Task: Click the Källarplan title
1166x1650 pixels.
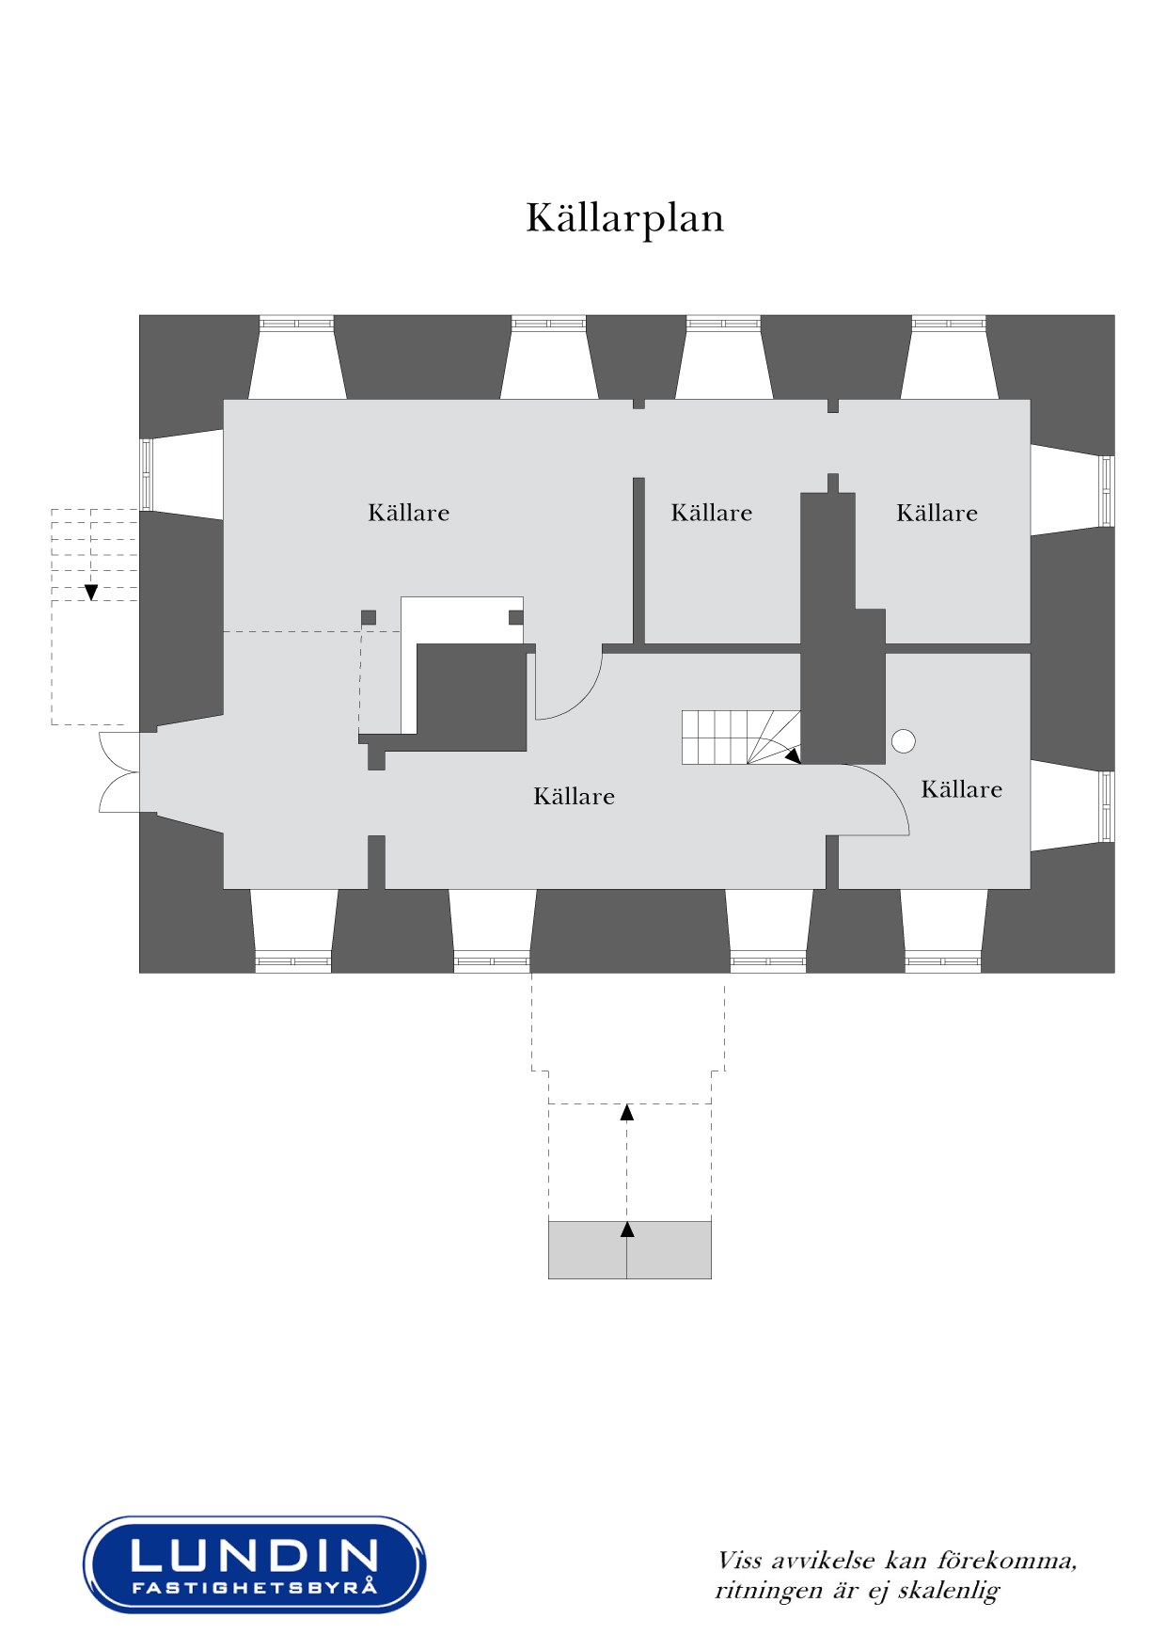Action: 624,218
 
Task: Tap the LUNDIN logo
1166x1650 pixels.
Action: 255,1564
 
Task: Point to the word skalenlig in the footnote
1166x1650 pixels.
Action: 948,1591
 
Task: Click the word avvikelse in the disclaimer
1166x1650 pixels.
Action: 823,1562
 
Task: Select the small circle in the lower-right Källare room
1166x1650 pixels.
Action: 904,741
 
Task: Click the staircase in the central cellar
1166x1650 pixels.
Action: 741,738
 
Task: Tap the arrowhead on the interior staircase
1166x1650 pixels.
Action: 793,754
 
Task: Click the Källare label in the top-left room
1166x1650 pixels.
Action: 409,513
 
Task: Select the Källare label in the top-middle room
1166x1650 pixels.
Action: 712,513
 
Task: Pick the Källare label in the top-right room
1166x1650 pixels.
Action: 938,513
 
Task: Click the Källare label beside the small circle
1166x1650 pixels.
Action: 962,789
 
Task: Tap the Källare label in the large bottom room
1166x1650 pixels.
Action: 575,797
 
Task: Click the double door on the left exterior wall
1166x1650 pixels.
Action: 119,771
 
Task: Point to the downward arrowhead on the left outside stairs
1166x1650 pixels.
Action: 91,593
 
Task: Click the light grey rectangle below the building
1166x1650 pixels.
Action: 630,1250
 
